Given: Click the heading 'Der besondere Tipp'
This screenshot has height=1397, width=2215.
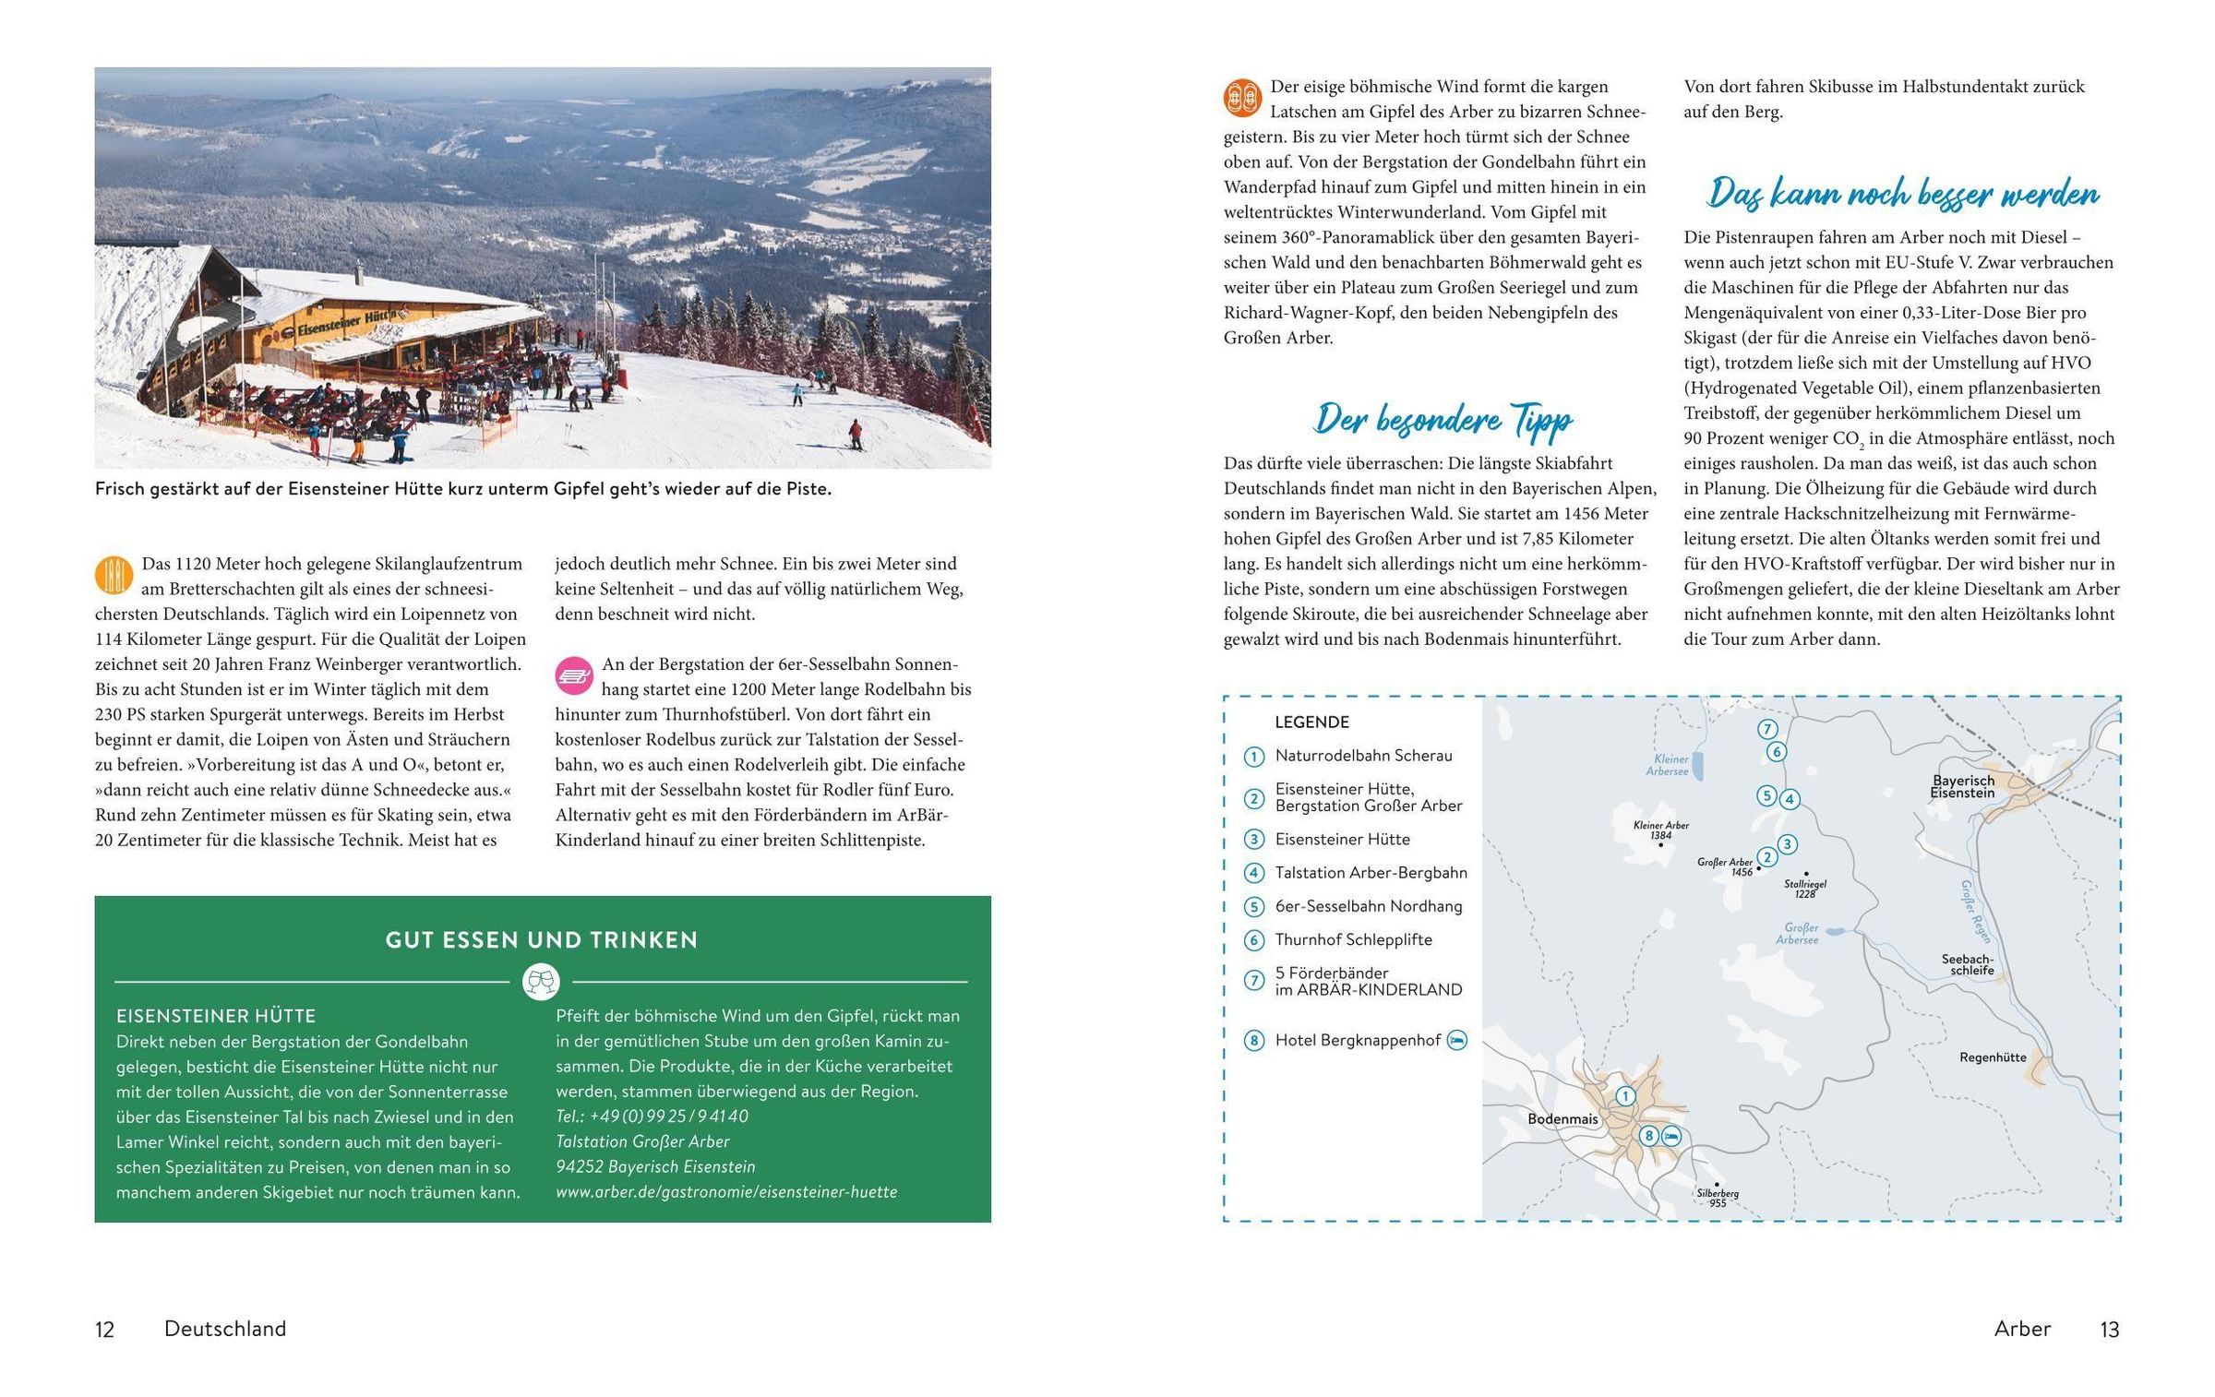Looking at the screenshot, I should [1443, 420].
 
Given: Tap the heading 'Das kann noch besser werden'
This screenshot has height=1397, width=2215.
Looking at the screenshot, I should [1902, 194].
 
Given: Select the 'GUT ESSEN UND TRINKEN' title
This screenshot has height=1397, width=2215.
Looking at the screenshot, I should [542, 940].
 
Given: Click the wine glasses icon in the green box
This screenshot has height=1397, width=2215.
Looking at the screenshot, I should [541, 982].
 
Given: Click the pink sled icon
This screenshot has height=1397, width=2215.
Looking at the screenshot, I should [574, 675].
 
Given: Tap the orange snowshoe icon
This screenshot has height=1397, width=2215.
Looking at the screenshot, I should [1242, 98].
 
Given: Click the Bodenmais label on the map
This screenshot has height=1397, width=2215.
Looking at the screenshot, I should [1562, 1119].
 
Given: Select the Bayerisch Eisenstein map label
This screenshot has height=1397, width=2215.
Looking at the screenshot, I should [1963, 786].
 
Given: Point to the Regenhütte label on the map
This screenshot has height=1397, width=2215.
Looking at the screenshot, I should [1993, 1057].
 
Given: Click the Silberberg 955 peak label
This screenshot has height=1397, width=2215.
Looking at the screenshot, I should [1718, 1198].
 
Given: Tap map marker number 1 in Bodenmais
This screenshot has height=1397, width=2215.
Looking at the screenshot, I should [1625, 1096].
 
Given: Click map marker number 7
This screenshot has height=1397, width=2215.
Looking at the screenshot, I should [1767, 729].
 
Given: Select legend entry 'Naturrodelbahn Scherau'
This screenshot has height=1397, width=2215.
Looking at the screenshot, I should [1363, 756].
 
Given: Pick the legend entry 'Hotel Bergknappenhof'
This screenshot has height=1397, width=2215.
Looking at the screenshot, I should [1358, 1041].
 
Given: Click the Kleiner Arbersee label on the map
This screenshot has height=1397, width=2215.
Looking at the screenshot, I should [1667, 766].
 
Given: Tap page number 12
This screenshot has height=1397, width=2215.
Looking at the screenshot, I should [104, 1330].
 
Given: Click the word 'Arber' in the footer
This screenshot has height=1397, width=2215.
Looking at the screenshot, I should [2022, 1329].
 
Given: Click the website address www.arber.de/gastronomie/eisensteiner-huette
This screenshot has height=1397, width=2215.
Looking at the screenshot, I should [726, 1192].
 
